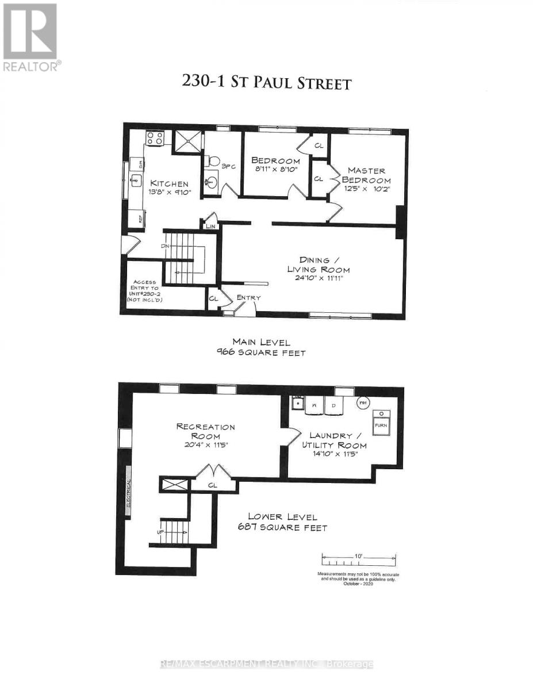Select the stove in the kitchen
click(x=155, y=138)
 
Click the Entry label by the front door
click(x=248, y=297)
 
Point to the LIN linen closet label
click(x=210, y=227)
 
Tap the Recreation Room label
click(x=206, y=427)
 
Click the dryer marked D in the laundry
click(x=333, y=405)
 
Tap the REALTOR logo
click(x=30, y=37)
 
